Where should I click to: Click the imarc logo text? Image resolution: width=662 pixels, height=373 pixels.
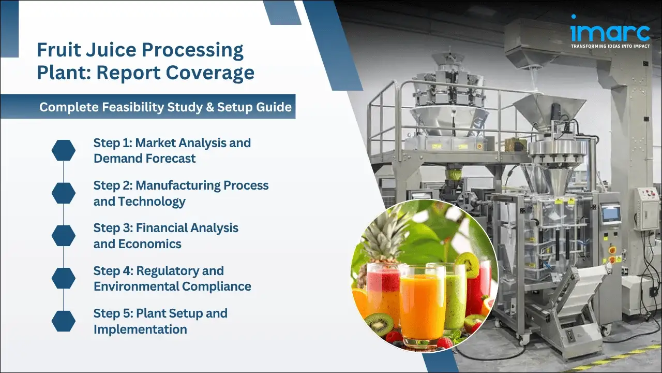tap(610, 31)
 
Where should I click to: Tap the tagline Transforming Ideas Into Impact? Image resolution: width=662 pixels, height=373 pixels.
tap(610, 46)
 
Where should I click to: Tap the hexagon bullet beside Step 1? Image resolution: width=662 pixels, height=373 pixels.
tap(64, 150)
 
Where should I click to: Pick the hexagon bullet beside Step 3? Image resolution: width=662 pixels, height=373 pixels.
tap(64, 236)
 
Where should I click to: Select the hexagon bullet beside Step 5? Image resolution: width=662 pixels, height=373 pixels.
tap(64, 321)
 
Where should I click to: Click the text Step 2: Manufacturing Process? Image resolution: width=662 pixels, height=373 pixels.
tap(180, 185)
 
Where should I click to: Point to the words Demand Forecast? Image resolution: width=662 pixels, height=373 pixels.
tap(144, 159)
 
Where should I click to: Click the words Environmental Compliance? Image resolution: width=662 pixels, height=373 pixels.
tap(172, 286)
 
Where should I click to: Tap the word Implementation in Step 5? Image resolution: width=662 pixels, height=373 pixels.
tap(140, 329)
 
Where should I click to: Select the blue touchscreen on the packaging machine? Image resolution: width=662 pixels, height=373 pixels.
tap(610, 214)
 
